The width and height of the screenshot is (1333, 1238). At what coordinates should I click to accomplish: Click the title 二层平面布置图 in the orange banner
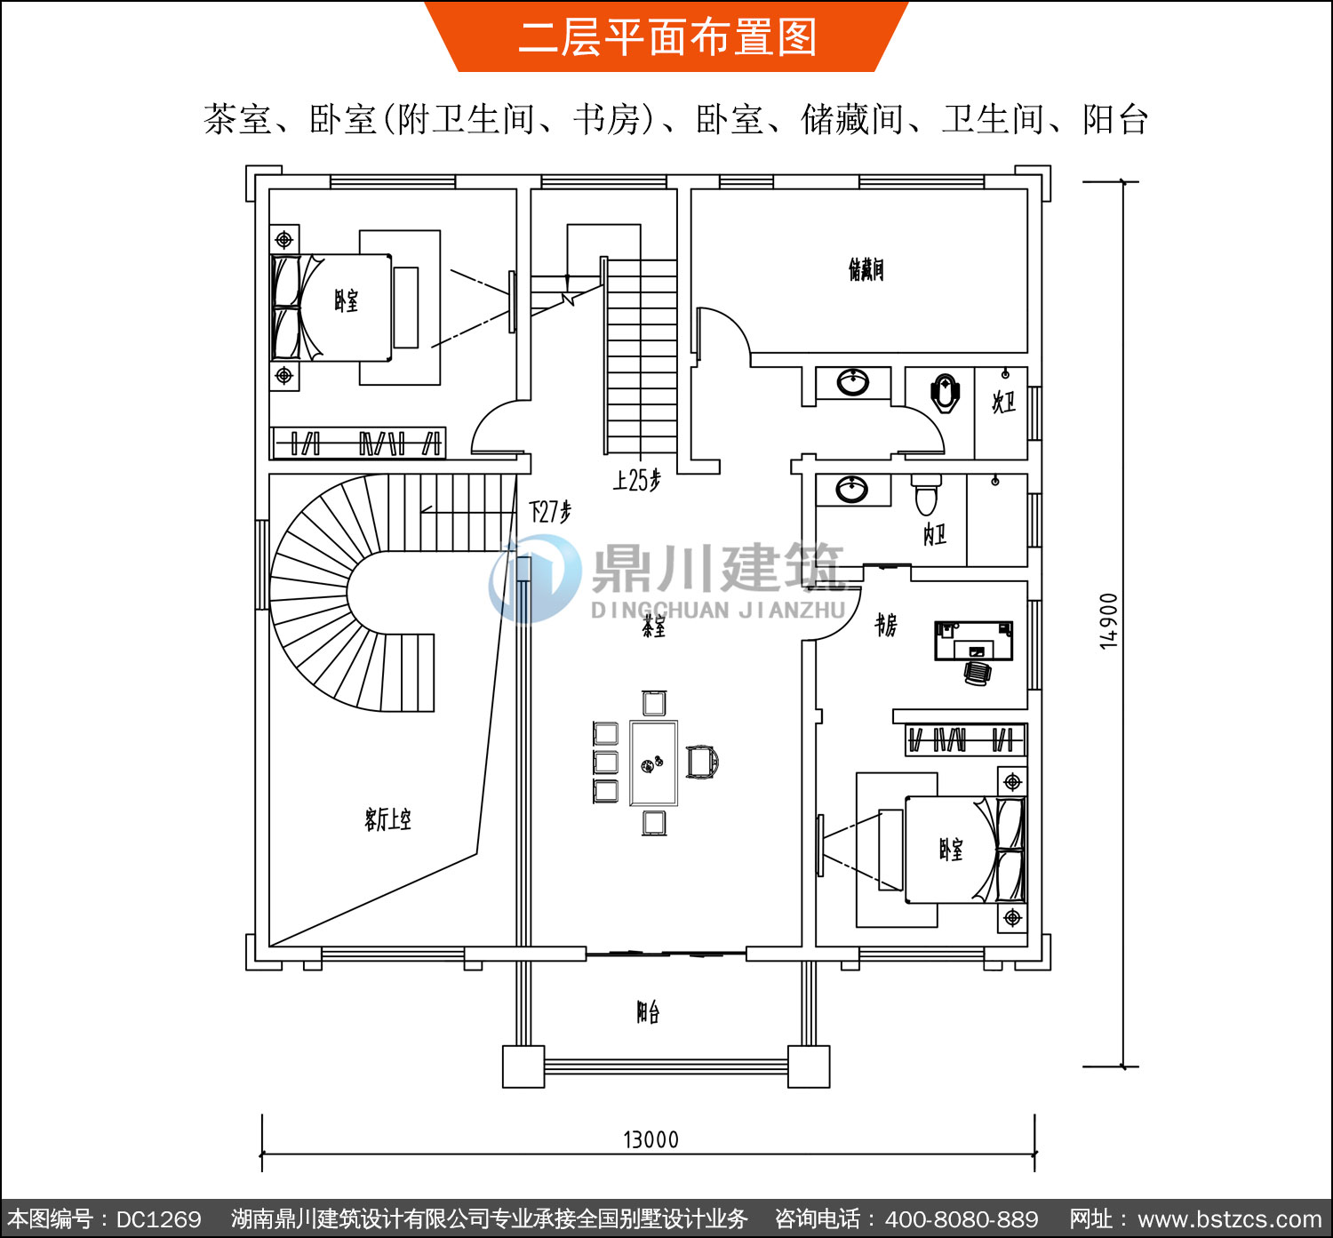coord(667,37)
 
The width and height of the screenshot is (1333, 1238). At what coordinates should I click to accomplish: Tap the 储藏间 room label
coord(866,268)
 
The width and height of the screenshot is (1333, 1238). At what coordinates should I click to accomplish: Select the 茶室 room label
coord(653,627)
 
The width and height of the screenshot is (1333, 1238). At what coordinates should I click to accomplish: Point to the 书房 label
coord(886,625)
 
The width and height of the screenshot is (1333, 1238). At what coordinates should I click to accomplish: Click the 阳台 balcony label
coord(648,1011)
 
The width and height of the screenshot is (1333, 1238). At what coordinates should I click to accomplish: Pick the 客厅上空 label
coord(387,819)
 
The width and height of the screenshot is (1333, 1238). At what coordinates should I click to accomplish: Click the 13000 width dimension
coord(651,1139)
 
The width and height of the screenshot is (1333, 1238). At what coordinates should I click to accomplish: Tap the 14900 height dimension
coord(1108,621)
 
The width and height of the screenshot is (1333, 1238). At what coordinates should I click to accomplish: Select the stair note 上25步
coord(636,480)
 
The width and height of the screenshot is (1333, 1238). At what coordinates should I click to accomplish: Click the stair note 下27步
coord(550,511)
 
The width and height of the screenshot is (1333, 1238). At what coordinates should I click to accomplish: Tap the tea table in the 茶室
coord(653,763)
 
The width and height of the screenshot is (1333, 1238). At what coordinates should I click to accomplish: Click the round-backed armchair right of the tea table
coord(703,763)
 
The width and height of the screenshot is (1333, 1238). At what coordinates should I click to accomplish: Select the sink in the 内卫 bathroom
coord(852,490)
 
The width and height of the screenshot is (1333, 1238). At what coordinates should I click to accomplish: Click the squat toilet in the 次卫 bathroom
coord(946,393)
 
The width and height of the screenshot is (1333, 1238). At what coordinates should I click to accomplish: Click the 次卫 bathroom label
coord(1003,403)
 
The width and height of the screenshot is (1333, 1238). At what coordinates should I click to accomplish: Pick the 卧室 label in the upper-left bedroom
coord(346,300)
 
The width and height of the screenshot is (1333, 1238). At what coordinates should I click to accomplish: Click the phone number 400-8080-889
coord(962,1218)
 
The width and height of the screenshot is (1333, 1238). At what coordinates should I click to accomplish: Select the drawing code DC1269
coord(158,1218)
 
